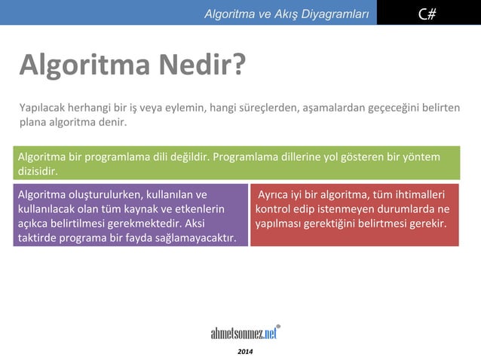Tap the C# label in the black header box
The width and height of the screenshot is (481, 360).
(x=427, y=12)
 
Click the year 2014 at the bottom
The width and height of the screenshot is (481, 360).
(x=246, y=352)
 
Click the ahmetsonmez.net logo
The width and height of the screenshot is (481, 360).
(x=246, y=333)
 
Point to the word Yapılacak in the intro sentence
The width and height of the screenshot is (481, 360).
(x=42, y=108)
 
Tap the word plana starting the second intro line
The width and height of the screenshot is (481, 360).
(x=32, y=122)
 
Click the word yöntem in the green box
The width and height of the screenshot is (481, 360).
(x=418, y=157)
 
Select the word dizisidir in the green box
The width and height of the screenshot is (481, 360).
(x=37, y=171)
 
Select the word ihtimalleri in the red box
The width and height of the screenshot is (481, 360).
(x=415, y=194)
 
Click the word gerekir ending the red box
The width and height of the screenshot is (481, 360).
(x=430, y=224)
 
